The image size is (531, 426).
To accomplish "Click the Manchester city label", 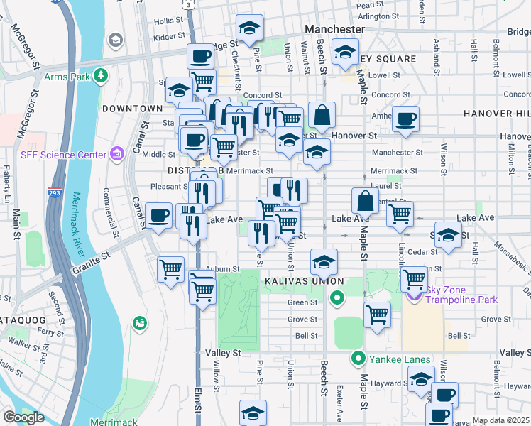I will tap(334, 30).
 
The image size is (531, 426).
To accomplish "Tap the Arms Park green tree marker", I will tap(102, 74).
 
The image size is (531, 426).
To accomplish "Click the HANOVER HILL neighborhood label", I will tap(496, 114).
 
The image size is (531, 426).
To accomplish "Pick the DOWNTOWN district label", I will tap(132, 109).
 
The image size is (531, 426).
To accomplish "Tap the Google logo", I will tap(23, 417).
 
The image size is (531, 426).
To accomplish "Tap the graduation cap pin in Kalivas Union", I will tap(324, 261).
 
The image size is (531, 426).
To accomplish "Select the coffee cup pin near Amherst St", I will tap(405, 119).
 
